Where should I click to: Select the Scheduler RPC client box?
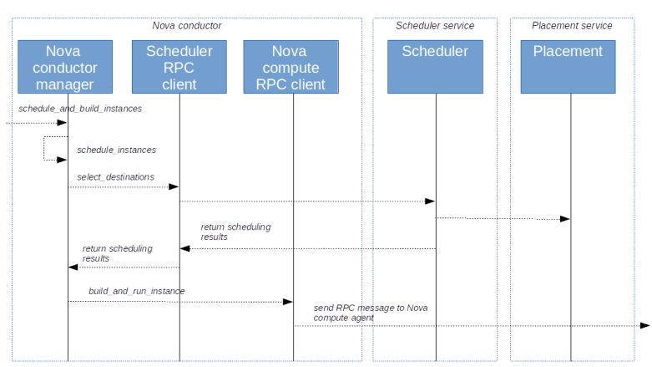click(179, 67)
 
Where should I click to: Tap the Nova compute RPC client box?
click(291, 67)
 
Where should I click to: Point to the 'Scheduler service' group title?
click(435, 26)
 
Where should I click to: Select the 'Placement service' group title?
click(572, 26)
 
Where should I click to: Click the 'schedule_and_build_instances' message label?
click(79, 110)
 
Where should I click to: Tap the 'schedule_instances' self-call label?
click(116, 150)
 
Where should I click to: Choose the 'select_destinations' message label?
click(115, 177)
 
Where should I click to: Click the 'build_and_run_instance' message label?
click(137, 292)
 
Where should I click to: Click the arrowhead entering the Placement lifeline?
click(565, 219)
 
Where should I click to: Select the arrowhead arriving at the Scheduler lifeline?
click(430, 201)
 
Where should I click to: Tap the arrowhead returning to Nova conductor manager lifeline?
click(73, 268)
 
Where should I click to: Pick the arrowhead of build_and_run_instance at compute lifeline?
click(288, 302)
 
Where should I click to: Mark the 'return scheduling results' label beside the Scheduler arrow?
click(235, 232)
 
